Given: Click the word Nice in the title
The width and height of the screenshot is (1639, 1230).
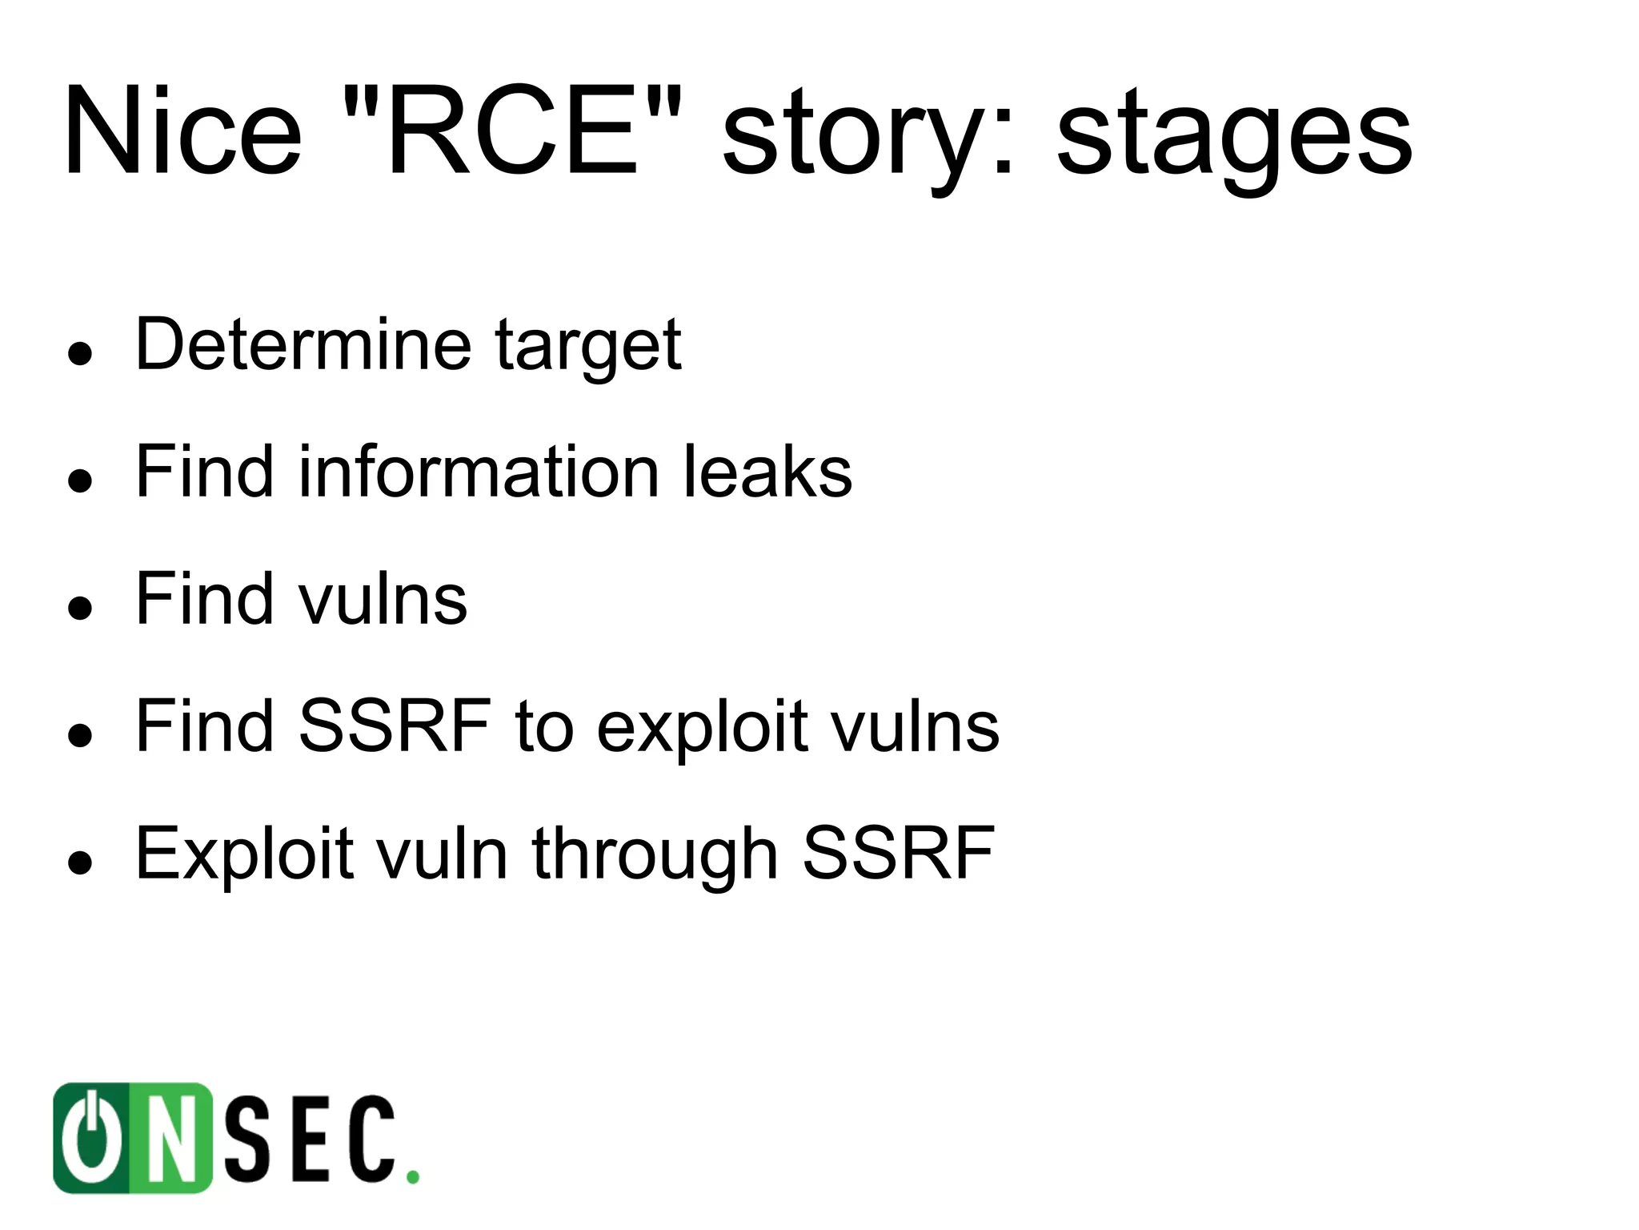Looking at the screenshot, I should [182, 132].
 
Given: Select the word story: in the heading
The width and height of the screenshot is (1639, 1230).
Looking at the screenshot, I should [868, 136].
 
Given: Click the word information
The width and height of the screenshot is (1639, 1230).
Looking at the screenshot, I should [479, 472].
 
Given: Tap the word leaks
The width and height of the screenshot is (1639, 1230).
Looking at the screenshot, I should [767, 472].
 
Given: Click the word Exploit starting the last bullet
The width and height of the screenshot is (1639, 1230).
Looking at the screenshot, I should [244, 854].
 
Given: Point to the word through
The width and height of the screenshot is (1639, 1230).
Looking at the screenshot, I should [655, 854].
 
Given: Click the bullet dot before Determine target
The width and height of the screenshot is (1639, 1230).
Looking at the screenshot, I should [80, 352].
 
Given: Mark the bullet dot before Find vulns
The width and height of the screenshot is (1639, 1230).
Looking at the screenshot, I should [80, 607].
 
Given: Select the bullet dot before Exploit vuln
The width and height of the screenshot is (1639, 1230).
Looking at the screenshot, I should [80, 862].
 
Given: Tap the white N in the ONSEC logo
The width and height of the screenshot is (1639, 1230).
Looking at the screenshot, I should [170, 1139].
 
